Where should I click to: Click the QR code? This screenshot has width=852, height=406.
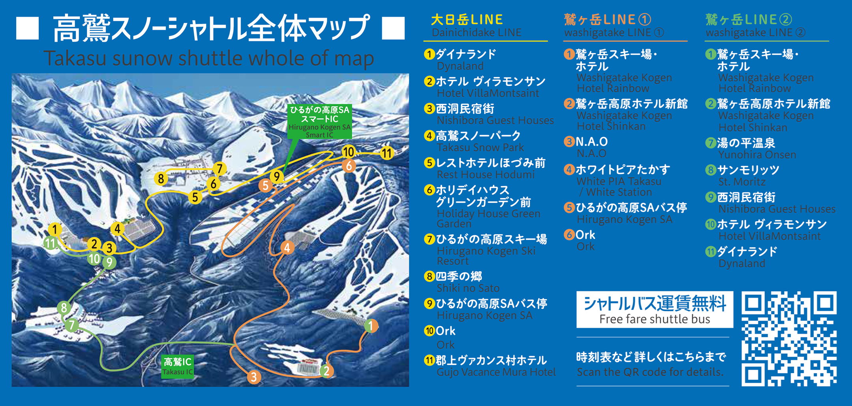[788, 338]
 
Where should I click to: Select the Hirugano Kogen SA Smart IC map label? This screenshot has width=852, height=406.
[319, 122]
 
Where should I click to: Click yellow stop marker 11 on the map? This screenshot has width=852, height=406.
[387, 153]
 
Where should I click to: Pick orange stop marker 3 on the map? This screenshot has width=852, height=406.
[254, 377]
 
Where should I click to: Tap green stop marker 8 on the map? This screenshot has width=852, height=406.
[64, 308]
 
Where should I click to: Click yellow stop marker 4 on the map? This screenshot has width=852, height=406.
[117, 228]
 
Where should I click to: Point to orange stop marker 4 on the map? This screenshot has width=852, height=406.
[287, 248]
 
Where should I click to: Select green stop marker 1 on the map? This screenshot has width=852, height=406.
[371, 326]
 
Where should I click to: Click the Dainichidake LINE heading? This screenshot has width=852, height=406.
[477, 32]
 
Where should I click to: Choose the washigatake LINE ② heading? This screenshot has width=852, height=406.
[755, 32]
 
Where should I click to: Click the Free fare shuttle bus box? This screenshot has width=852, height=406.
[655, 310]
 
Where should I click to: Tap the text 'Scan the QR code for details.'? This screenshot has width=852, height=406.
[650, 372]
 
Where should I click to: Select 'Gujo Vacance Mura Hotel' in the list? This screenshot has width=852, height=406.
[496, 372]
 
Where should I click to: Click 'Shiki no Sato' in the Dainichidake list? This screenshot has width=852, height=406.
[468, 288]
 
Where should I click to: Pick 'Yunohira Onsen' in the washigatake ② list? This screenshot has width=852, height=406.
[757, 155]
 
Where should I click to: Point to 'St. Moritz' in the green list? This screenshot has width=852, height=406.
[742, 182]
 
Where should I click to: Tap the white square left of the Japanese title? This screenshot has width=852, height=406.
[27, 28]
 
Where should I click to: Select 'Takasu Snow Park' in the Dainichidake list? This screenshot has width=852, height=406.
[480, 147]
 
